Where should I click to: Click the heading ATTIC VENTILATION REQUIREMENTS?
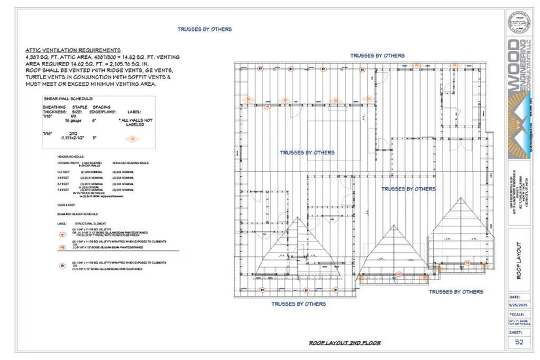coord(73,50)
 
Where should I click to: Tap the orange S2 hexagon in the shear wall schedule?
coord(133,139)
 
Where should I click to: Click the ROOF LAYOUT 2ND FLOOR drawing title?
coord(345,343)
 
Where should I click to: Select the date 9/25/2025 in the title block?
coord(519,303)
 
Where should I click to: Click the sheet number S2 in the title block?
coord(519,342)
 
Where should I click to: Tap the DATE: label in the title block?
coord(515,295)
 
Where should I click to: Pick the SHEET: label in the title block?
coord(516,332)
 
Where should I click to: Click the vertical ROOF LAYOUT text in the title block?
coord(520,261)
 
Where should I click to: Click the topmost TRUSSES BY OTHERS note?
coord(204,29)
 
